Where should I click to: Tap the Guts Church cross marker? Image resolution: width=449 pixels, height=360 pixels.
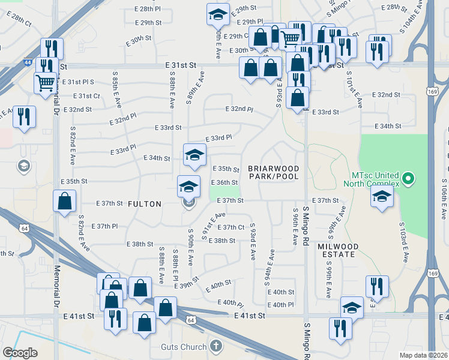216,346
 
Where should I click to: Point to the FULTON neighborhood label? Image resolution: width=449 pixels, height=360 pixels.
145,204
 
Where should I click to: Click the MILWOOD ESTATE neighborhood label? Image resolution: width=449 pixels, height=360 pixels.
338,251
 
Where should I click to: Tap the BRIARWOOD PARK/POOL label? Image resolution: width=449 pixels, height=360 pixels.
274,173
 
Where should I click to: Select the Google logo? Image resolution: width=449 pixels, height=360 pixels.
20,352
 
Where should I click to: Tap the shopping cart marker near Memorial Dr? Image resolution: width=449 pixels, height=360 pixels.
46,83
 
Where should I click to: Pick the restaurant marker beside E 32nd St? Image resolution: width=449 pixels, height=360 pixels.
24,116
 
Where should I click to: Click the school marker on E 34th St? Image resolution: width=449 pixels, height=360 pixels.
194,154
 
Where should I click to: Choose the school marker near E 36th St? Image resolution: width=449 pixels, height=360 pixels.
188,186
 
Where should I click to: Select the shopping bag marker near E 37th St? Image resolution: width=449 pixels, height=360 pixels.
65,202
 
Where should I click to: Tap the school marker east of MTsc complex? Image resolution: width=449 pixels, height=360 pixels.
382,197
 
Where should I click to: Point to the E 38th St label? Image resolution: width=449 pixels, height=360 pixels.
143,244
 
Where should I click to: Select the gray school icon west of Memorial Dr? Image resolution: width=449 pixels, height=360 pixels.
24,166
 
